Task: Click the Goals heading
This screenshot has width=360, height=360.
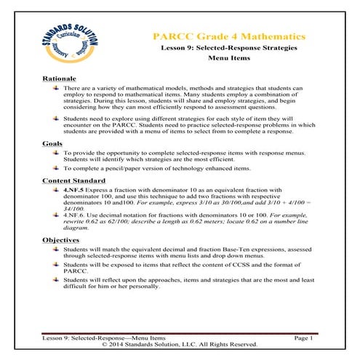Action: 52,144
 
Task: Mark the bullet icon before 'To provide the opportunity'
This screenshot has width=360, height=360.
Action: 57,153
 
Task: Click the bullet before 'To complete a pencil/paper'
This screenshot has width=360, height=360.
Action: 57,168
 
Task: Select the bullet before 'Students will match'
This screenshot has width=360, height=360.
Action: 57,248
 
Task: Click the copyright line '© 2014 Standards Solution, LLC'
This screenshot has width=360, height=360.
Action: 180,345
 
